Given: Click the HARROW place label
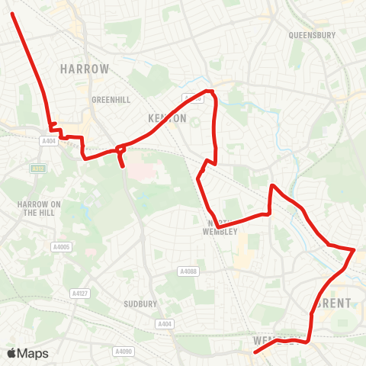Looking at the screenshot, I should point(85,69).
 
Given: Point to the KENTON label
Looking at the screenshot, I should point(166,118).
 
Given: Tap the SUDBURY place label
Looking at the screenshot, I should point(140,303).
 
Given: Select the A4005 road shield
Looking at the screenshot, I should point(60,247).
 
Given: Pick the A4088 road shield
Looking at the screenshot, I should point(188,271).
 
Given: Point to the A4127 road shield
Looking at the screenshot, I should point(79,293).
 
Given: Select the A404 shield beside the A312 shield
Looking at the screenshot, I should point(50,141).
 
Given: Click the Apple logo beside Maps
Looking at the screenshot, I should point(11,353).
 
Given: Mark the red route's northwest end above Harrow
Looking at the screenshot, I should point(13,13).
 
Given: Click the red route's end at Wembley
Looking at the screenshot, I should point(255,352).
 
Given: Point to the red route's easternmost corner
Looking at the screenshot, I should point(355,249).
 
